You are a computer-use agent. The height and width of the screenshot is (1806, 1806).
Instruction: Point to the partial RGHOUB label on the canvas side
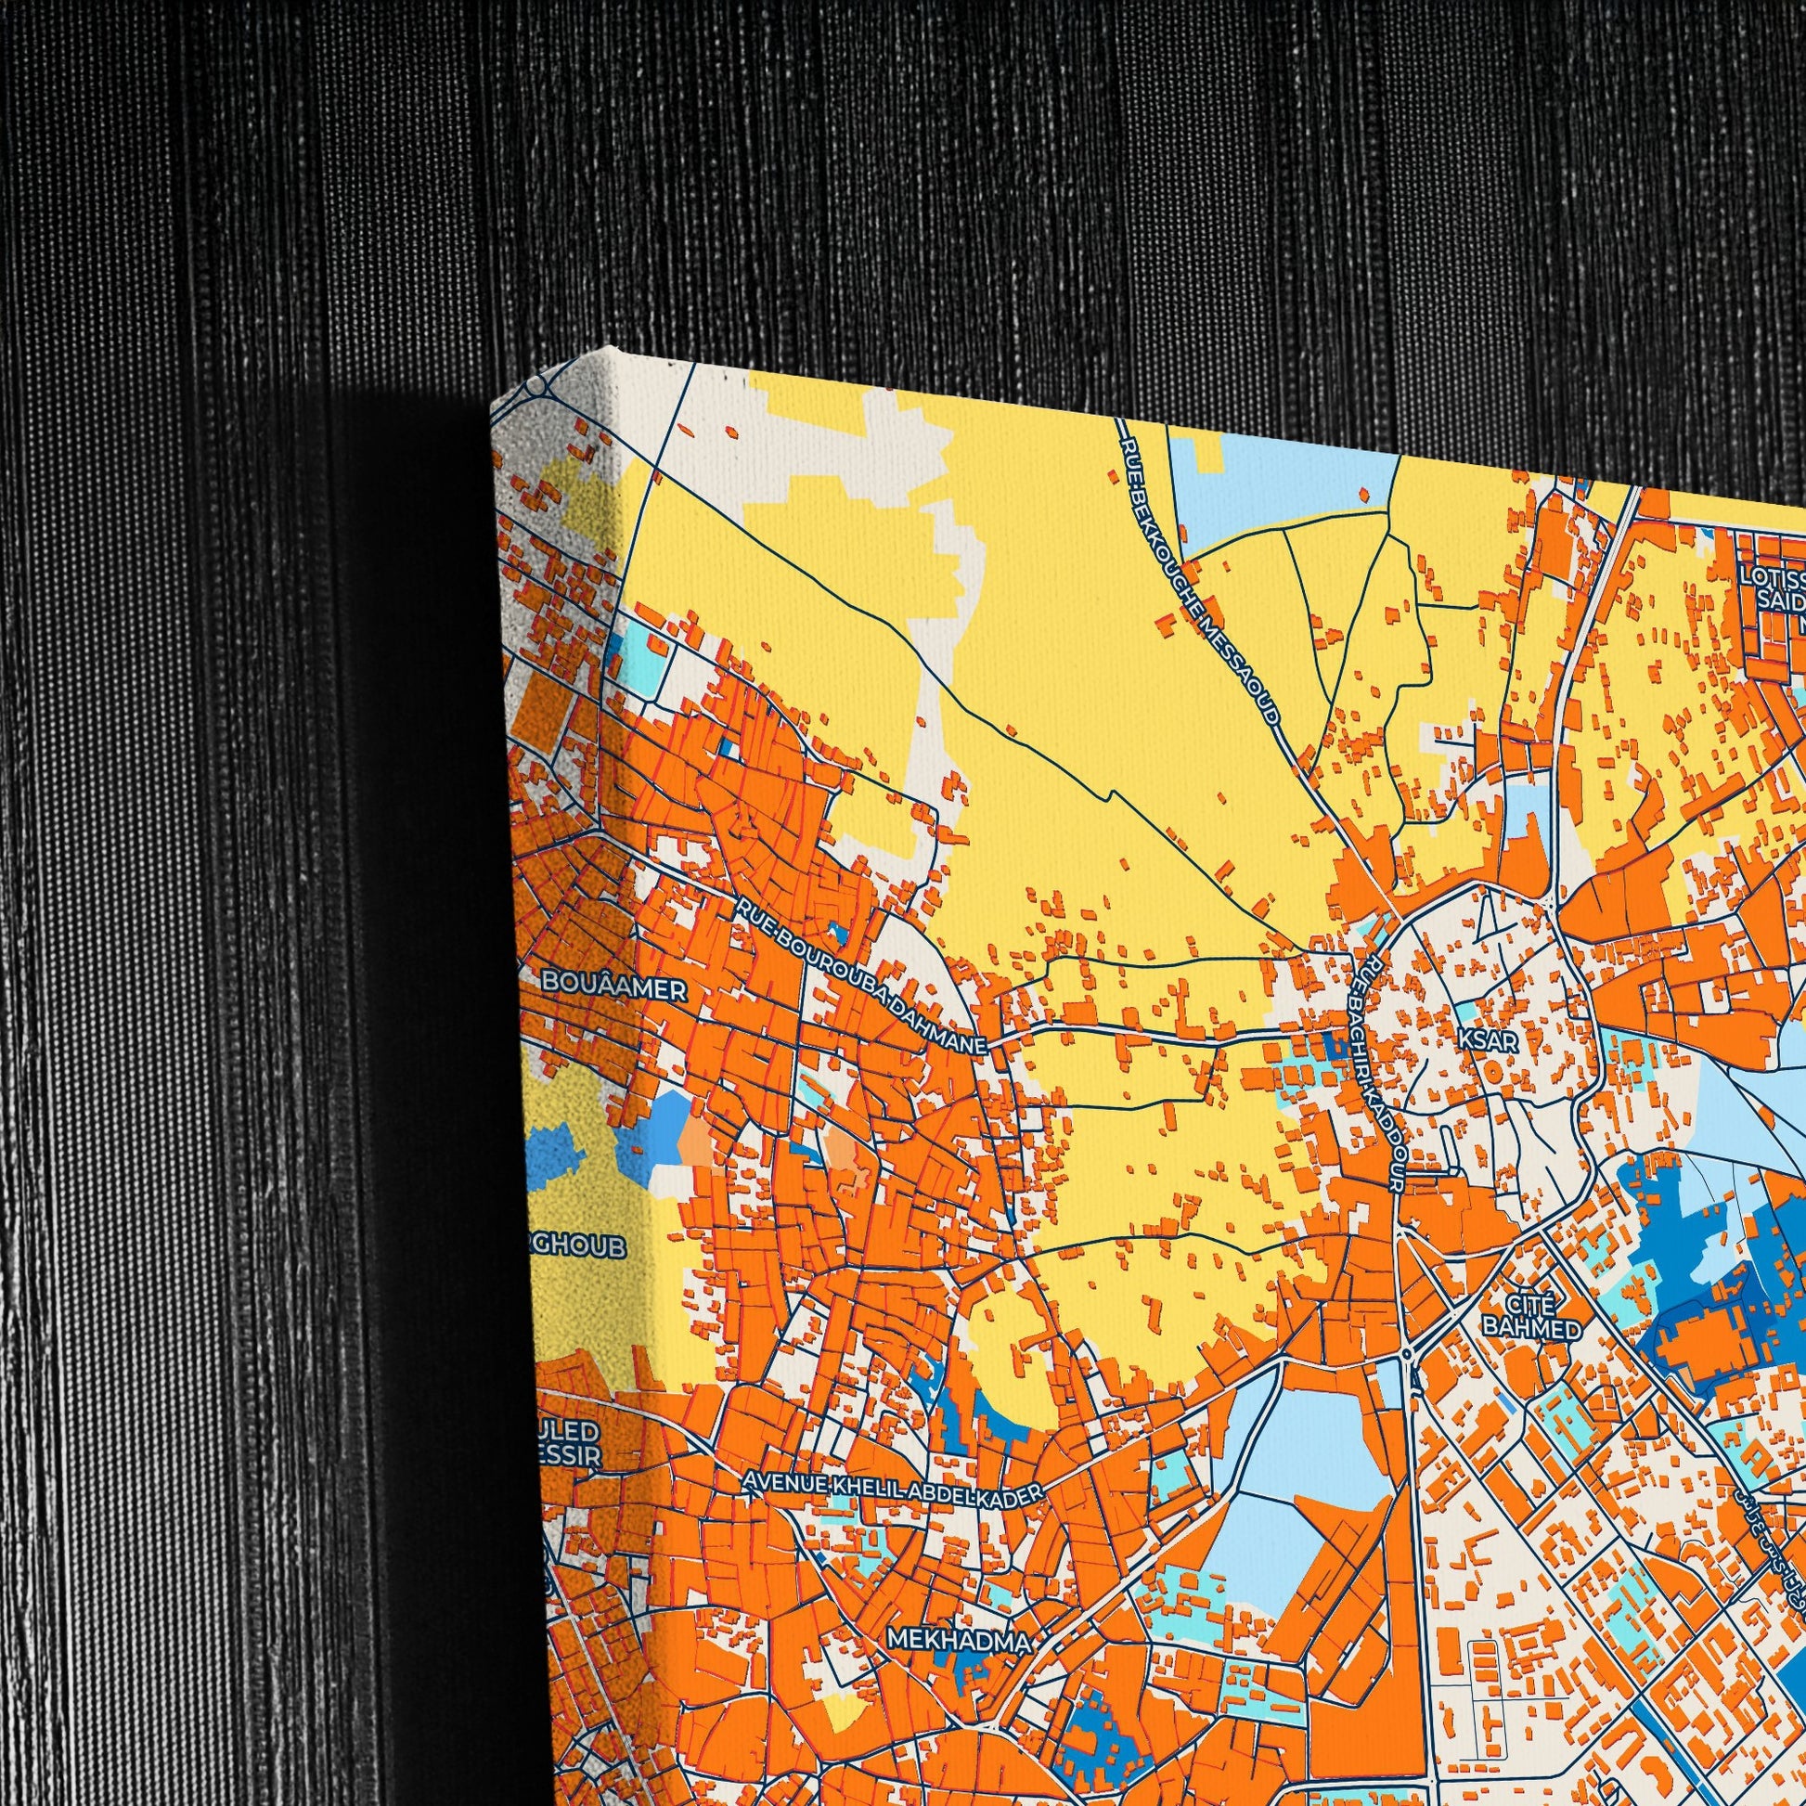(576, 1247)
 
